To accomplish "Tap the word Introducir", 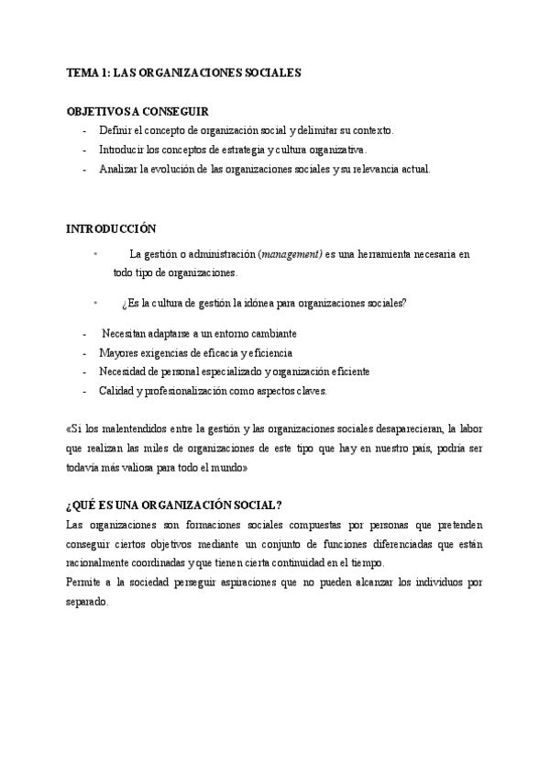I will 122,150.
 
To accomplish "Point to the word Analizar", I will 118,169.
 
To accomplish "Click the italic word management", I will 291,254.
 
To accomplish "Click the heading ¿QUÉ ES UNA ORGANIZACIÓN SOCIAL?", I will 174,506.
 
